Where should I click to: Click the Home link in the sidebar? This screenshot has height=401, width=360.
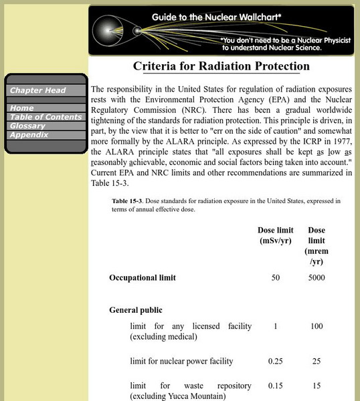(x=22, y=108)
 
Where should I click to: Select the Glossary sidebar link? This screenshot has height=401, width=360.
(x=28, y=126)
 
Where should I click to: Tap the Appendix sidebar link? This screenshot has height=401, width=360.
(x=29, y=134)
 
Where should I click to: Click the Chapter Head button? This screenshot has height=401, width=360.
(x=37, y=90)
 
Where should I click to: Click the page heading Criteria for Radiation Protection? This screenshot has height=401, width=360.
(x=221, y=66)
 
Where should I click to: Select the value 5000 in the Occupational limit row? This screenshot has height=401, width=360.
(x=317, y=278)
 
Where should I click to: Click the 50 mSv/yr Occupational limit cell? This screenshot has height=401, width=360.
(x=276, y=278)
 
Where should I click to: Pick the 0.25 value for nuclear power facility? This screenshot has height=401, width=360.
(x=276, y=362)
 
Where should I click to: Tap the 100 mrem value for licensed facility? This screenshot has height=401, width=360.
(x=317, y=327)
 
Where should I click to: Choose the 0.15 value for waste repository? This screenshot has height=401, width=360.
(x=276, y=386)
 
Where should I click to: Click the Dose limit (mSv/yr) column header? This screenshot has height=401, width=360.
(x=276, y=236)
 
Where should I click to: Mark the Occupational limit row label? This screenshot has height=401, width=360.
(x=143, y=278)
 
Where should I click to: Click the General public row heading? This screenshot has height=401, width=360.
(x=136, y=310)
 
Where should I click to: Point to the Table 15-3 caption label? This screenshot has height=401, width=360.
(x=129, y=200)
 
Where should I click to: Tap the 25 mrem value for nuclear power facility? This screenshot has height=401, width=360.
(x=317, y=362)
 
